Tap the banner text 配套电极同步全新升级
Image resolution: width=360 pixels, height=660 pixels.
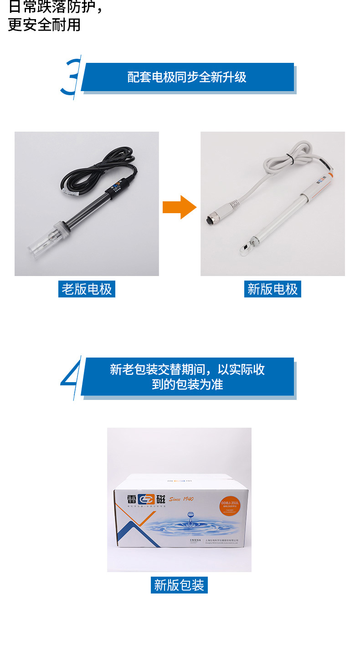pos(187,77)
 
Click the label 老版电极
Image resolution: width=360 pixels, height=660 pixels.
pos(87,289)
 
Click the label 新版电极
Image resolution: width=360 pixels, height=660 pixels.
pos(273,289)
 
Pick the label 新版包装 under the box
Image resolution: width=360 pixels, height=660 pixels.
pos(179,585)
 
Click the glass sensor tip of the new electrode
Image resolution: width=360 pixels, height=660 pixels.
pos(247,248)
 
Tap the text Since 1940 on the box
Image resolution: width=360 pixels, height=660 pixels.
pos(181,499)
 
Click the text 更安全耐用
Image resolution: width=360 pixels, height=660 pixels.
pos(44,25)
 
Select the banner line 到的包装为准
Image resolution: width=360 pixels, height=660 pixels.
pos(187,384)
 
